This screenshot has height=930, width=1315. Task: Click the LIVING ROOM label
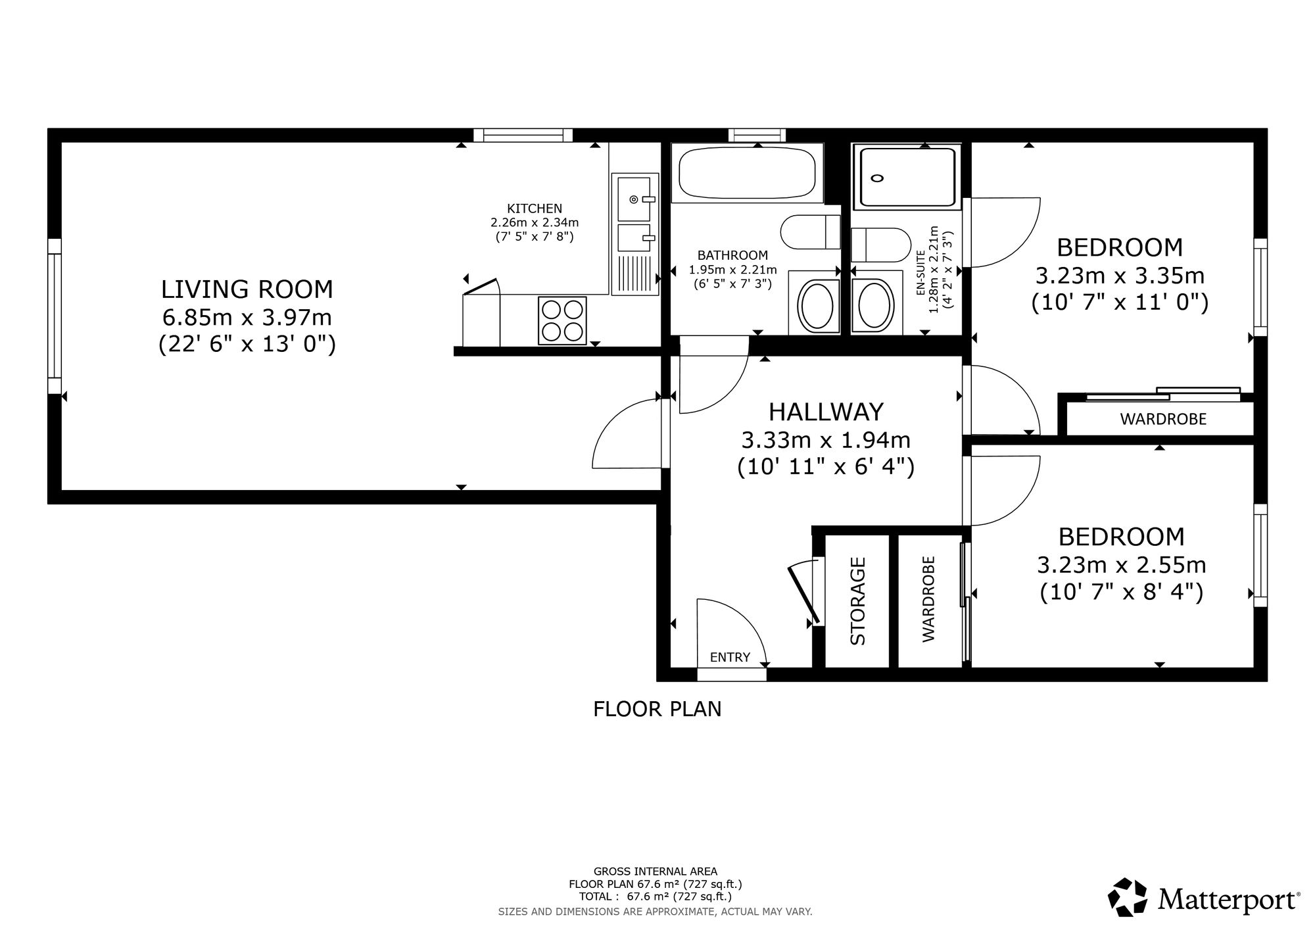pos(247,289)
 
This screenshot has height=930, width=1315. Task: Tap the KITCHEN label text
pos(535,208)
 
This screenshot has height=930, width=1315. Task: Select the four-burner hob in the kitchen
pos(562,320)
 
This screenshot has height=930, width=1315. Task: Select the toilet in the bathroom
pos(811,232)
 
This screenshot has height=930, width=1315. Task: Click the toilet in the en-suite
pos(879,245)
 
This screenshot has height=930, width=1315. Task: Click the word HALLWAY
pos(826,412)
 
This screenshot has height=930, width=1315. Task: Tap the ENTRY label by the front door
pos(730,657)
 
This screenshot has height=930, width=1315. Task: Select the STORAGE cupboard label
pos(857,601)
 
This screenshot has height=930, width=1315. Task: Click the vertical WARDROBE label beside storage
pos(928,599)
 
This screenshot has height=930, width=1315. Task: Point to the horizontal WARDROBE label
pos(1163,419)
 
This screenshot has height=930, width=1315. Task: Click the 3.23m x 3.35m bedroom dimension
pos(1120,275)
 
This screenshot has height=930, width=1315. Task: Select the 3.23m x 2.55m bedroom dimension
pos(1122,565)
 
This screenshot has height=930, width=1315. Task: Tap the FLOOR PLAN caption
pos(657,709)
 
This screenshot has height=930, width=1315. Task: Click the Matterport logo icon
pos(1128,897)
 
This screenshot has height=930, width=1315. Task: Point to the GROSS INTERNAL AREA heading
pos(656,872)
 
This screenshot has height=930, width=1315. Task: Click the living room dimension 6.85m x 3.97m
pos(247,318)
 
